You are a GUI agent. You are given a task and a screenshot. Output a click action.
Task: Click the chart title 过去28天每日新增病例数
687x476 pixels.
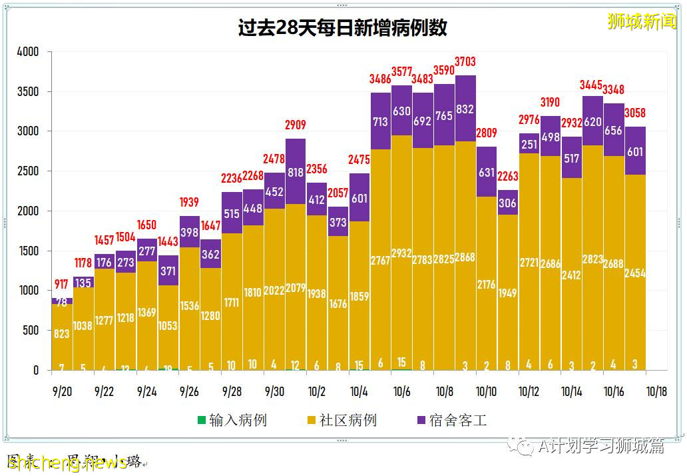[x=343, y=28]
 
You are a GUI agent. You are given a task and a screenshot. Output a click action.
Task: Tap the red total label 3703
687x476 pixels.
[x=465, y=62]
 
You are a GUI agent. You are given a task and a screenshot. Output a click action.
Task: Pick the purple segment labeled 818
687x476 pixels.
[x=296, y=172]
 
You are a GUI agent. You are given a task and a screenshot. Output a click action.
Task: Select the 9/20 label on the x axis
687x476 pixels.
[x=61, y=391]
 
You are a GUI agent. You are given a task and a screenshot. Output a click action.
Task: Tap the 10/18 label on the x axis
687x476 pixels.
[x=656, y=391]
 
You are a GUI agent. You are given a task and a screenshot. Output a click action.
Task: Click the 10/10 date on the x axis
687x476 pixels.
[x=486, y=391]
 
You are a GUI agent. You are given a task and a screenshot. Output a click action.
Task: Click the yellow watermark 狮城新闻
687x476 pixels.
[x=641, y=21]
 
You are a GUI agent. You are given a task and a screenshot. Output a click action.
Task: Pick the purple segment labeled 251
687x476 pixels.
[x=529, y=145]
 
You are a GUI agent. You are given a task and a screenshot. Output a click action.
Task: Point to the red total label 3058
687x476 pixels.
[x=635, y=113]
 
